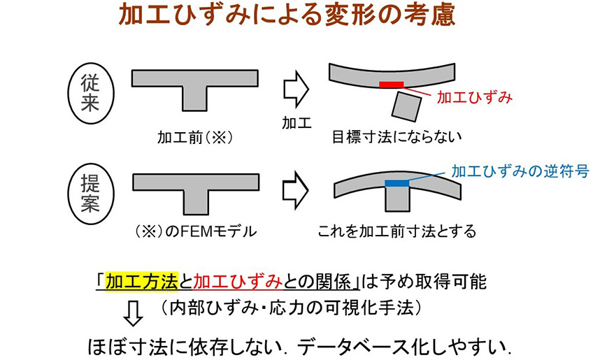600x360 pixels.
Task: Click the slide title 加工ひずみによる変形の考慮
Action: pyautogui.click(x=287, y=15)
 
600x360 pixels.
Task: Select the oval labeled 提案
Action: pyautogui.click(x=91, y=193)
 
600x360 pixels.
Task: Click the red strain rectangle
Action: pyautogui.click(x=391, y=85)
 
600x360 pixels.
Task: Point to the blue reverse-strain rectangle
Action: pyautogui.click(x=397, y=183)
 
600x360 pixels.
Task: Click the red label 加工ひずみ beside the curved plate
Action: pyautogui.click(x=475, y=98)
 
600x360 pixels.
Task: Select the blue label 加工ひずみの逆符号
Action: pyautogui.click(x=520, y=171)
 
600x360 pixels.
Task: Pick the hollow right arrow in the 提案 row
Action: pyautogui.click(x=295, y=191)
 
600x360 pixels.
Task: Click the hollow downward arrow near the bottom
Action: pyautogui.click(x=133, y=313)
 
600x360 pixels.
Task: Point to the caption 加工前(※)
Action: pyautogui.click(x=196, y=137)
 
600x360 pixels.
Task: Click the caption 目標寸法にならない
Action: pyautogui.click(x=397, y=137)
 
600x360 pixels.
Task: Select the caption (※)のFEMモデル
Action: pyautogui.click(x=196, y=231)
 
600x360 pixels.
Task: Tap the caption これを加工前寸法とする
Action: pyautogui.click(x=397, y=231)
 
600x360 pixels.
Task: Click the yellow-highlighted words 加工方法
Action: pyautogui.click(x=142, y=282)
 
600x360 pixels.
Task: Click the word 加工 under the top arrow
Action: pyautogui.click(x=297, y=123)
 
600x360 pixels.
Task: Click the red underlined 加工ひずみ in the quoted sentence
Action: pyautogui.click(x=238, y=282)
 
